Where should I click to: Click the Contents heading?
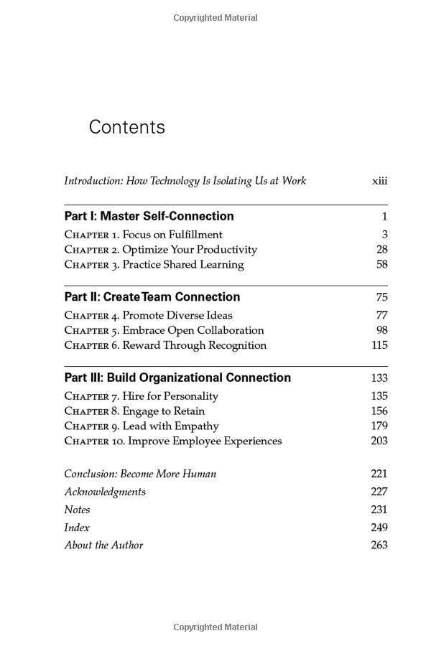point(126,128)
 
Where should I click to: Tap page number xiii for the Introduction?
point(379,181)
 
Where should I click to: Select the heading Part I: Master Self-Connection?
point(149,216)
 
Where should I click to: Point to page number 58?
point(381,265)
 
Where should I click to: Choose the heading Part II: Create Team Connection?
point(152,297)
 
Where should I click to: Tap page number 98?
point(381,330)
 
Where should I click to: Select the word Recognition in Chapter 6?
point(237,345)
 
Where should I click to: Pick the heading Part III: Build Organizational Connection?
point(177,378)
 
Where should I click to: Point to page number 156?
point(379,411)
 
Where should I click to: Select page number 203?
point(379,441)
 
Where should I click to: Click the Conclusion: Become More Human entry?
point(140,474)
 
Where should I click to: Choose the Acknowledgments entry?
point(105,492)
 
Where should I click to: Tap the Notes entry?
point(77,510)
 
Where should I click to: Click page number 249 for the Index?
point(379,528)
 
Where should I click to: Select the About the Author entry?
point(103,546)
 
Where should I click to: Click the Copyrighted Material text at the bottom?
point(215,627)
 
